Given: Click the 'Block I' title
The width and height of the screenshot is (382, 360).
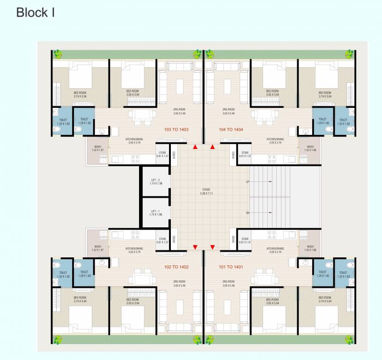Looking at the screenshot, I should (x=36, y=13).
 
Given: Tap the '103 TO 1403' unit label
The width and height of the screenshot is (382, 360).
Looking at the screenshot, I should (x=176, y=129).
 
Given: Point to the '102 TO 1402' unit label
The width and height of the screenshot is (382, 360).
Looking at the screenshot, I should (x=176, y=267).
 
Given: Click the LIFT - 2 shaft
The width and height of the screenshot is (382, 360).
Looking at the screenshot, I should (x=156, y=181).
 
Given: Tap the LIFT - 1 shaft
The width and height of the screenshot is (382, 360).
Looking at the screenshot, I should (x=156, y=212).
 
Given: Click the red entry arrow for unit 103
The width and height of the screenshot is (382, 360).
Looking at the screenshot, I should (x=195, y=147).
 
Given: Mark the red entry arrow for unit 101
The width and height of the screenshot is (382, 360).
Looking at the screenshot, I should (x=213, y=247).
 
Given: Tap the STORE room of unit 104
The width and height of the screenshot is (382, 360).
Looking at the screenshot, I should (x=245, y=154).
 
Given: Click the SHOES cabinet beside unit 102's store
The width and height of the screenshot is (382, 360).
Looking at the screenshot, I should (x=174, y=239).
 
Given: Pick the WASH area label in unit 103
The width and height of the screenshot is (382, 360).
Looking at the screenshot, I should (x=97, y=148).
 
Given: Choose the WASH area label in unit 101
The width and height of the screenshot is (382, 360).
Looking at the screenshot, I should (x=310, y=248).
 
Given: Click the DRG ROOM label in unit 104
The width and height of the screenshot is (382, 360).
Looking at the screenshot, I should (x=228, y=112).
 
